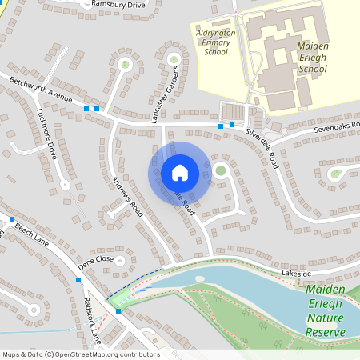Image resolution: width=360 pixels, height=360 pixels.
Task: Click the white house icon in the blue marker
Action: point(179,173)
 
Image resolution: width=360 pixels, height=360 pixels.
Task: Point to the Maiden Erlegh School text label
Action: point(312,58)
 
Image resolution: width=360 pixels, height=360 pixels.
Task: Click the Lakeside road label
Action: point(296,274)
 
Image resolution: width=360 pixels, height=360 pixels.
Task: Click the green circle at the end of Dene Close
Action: point(121,260)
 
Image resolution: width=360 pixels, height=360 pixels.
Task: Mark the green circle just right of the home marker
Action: point(220,170)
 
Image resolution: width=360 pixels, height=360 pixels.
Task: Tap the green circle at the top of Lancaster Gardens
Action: point(173,58)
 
